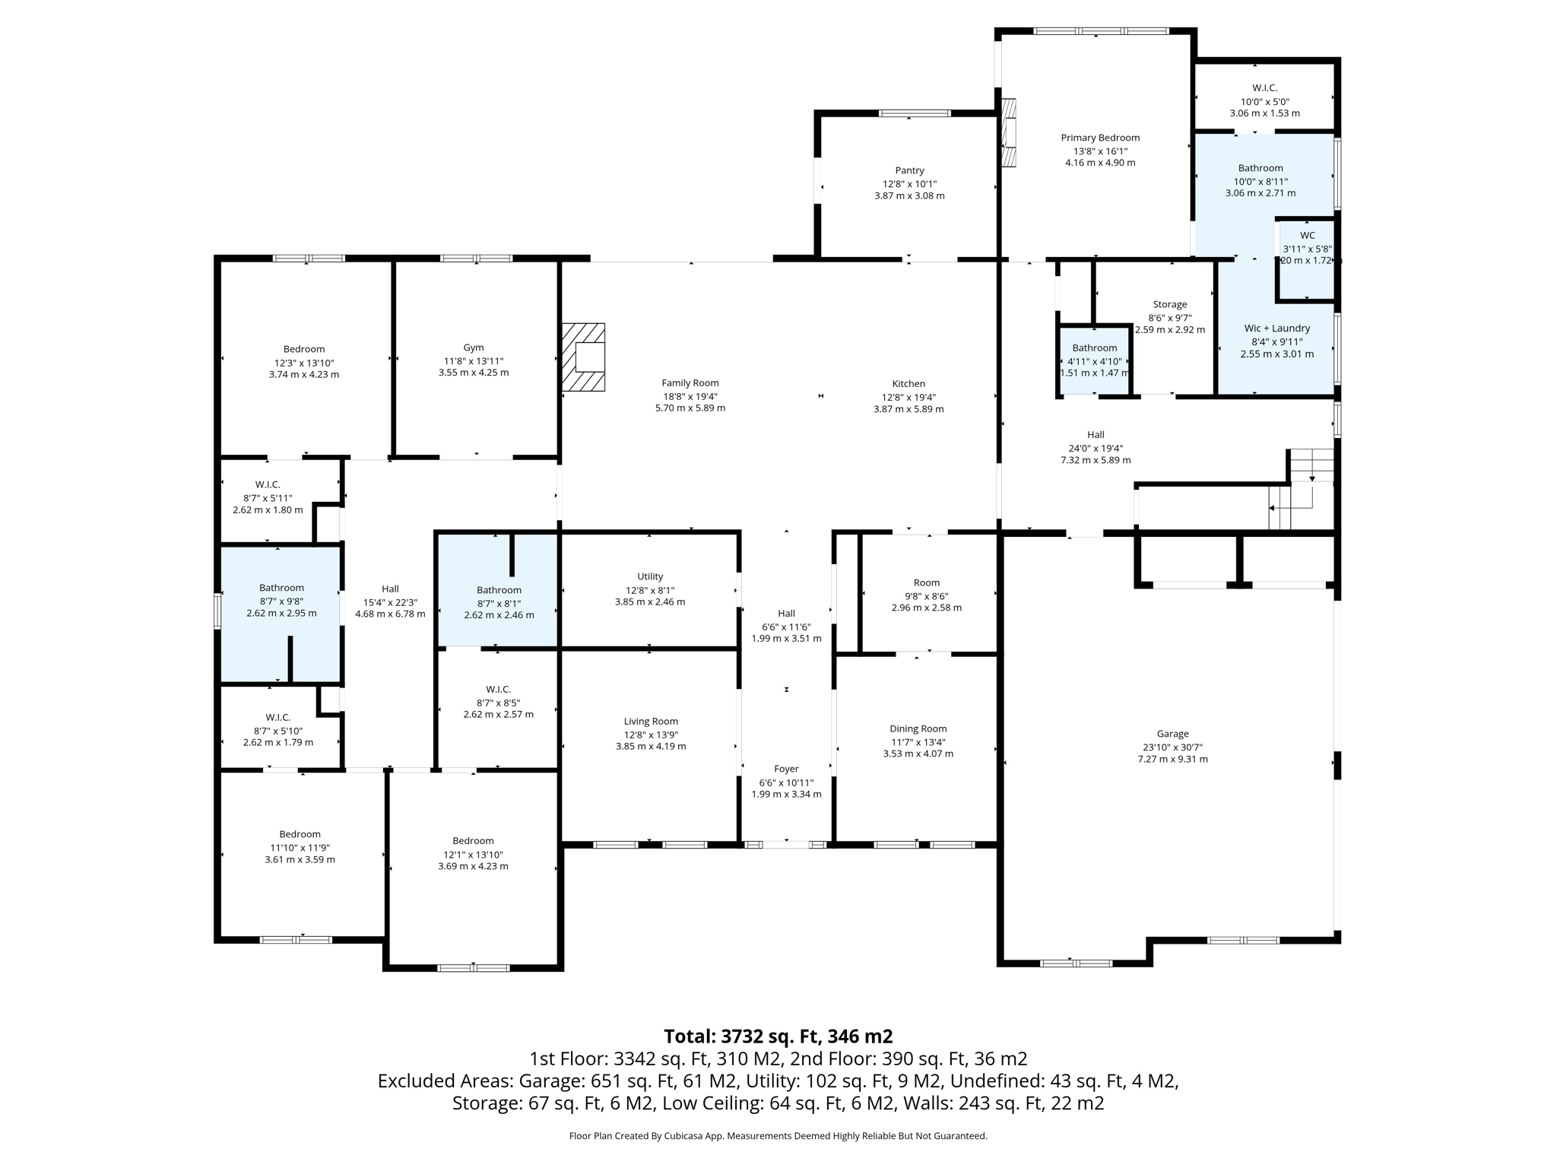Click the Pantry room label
tap(909, 170)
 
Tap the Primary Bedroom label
tap(1100, 138)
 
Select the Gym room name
tap(473, 348)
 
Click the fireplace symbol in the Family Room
tap(584, 357)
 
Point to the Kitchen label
tap(909, 384)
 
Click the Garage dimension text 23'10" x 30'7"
tap(1172, 747)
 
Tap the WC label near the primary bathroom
tap(1307, 236)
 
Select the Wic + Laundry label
tap(1276, 328)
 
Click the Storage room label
tap(1169, 304)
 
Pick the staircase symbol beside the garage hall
tap(1302, 490)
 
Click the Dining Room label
tap(918, 728)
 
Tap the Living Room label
tap(651, 722)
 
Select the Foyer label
tap(786, 769)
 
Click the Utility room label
tap(650, 576)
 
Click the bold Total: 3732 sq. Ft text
tap(778, 1036)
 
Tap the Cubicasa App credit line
tap(778, 1136)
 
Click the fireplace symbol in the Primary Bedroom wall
tap(1009, 133)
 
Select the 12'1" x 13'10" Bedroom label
tap(473, 841)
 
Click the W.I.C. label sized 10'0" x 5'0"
tap(1264, 88)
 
